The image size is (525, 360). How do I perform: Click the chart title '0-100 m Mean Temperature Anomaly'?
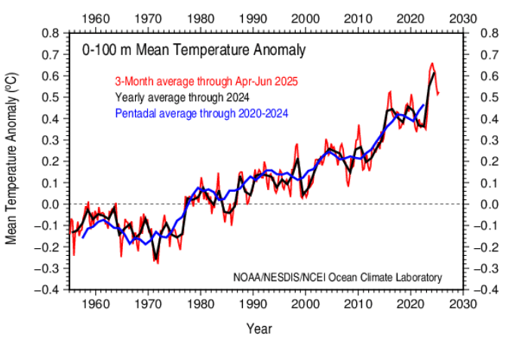coord(194,51)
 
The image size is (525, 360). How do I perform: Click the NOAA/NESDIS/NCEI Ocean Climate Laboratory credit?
coord(337,276)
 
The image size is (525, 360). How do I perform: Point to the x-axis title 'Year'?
coord(259,328)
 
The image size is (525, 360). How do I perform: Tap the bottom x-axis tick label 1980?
coord(199,303)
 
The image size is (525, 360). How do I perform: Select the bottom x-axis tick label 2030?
coord(462,303)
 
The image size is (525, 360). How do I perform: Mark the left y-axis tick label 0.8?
coord(51,33)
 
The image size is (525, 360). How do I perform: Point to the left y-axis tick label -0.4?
coord(48,289)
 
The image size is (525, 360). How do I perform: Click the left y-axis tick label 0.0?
coord(51,204)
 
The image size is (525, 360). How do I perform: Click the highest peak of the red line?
coord(431,63)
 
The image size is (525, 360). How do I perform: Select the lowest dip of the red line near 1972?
coord(157,263)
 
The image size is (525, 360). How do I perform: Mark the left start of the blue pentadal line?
coord(81,237)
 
